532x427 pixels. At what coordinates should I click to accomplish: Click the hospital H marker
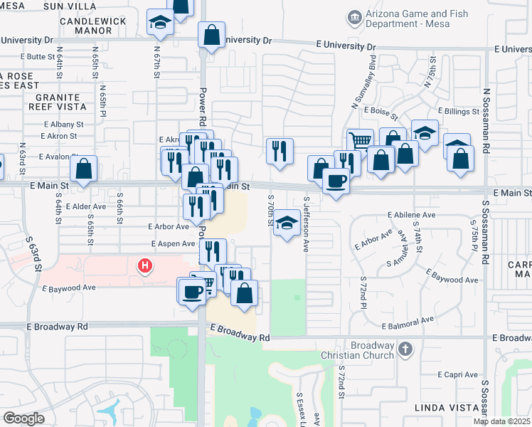(145, 267)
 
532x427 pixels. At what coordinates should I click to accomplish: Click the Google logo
(23, 418)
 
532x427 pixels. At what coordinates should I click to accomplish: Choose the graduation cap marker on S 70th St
(287, 223)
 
